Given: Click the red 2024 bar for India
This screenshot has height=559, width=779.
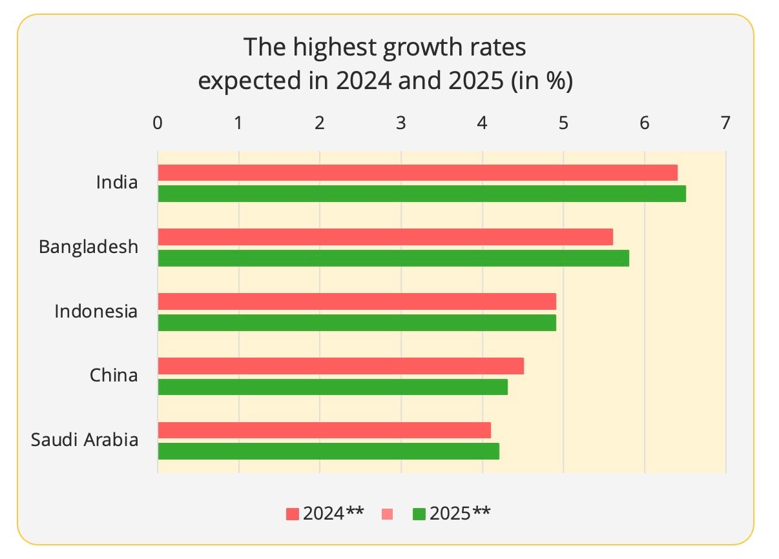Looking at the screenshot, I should click(x=417, y=173).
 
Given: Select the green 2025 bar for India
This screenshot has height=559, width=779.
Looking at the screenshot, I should click(x=421, y=194).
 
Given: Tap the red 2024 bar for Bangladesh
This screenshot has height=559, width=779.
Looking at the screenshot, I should click(x=385, y=237).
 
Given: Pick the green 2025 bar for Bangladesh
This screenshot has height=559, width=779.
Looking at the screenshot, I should click(x=393, y=258).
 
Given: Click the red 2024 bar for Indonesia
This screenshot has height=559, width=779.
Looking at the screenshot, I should click(x=357, y=301).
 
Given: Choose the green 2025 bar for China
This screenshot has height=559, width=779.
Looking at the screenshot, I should click(x=332, y=387).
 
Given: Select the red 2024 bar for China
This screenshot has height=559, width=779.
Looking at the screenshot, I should click(x=340, y=366).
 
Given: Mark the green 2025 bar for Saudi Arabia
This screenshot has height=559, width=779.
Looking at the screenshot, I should click(x=328, y=451).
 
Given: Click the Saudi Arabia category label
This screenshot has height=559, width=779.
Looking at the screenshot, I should click(x=85, y=440).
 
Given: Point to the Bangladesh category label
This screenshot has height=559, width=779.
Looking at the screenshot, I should click(x=88, y=247).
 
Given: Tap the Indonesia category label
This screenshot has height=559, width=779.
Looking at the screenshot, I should click(x=96, y=311).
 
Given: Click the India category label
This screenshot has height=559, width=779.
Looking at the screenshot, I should click(x=117, y=182).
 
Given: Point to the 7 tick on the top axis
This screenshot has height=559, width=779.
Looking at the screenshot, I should click(x=725, y=123).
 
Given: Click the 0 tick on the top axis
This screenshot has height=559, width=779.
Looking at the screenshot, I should click(x=158, y=123).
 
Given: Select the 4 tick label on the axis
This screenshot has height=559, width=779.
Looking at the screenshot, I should click(x=482, y=123).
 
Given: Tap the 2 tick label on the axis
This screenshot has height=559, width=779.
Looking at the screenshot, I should click(x=320, y=123).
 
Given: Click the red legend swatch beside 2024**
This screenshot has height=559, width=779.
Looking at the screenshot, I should click(x=293, y=514).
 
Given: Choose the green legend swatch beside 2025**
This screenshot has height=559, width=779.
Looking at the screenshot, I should click(x=419, y=514).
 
